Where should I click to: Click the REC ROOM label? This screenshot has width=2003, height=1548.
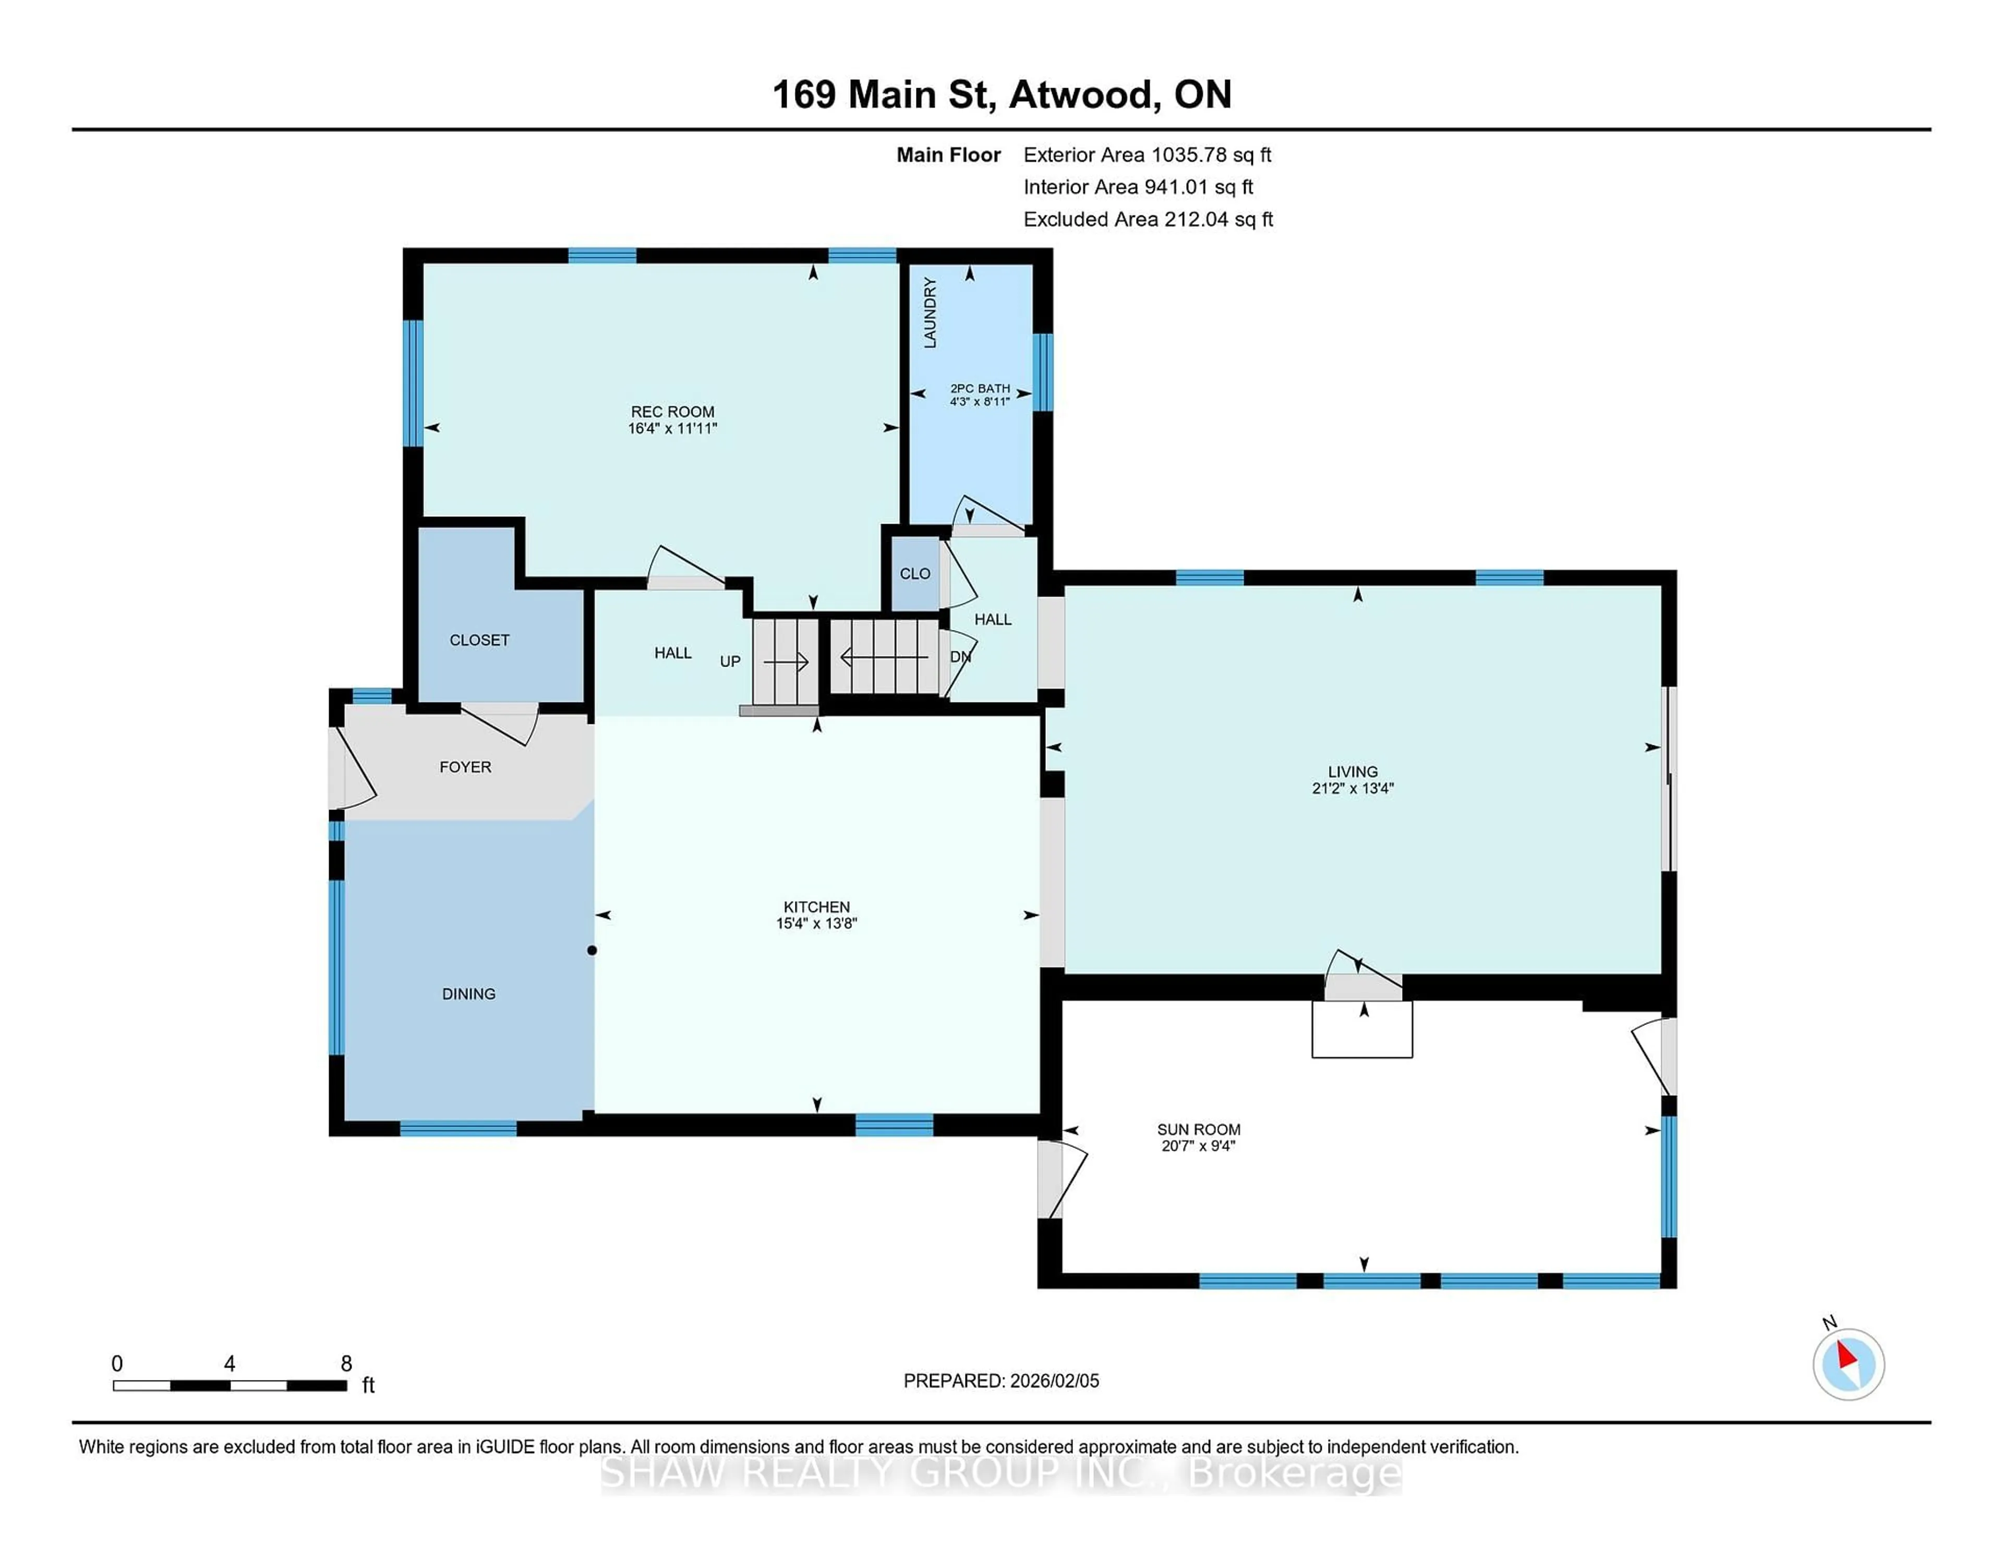[672, 412]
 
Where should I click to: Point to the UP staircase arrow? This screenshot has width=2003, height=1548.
[786, 661]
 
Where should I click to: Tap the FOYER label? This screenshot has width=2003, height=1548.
[465, 767]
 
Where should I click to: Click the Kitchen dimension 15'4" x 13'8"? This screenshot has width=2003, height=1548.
[816, 924]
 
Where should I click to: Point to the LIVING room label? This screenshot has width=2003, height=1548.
[1353, 771]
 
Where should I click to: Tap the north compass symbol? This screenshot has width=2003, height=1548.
[1848, 1364]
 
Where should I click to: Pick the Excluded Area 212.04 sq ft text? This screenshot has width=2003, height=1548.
[1218, 219]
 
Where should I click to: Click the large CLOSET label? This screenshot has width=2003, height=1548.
[480, 640]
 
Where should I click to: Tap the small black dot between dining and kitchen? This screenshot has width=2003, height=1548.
[593, 950]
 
